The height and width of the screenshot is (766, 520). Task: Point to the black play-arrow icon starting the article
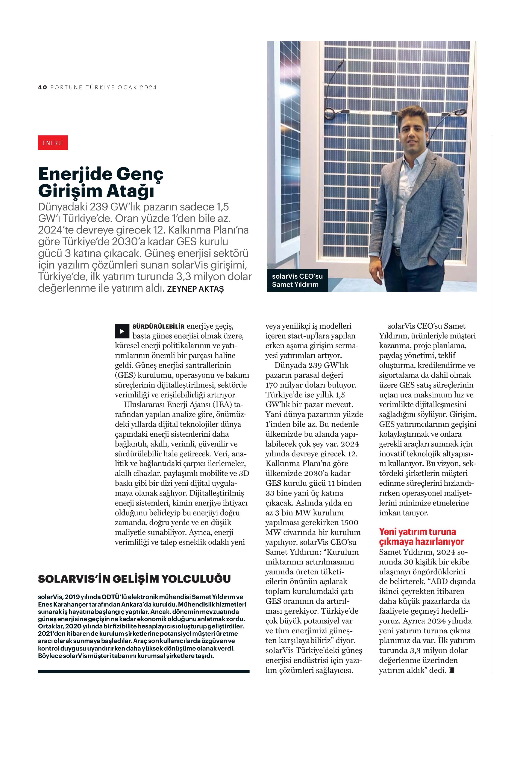[x=122, y=331]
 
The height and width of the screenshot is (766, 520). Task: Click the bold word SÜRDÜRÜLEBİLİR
[x=158, y=327]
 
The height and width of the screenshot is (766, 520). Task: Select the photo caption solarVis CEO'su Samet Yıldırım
[x=297, y=281]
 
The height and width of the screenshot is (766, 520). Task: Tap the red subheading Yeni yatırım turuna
[x=417, y=531]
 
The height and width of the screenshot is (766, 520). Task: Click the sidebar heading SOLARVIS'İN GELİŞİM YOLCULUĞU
[x=134, y=579]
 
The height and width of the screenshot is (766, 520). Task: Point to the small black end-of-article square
[x=451, y=670]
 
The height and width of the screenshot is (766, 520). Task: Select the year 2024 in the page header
[x=148, y=87]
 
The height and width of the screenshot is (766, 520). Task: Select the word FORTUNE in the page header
[x=66, y=87]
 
